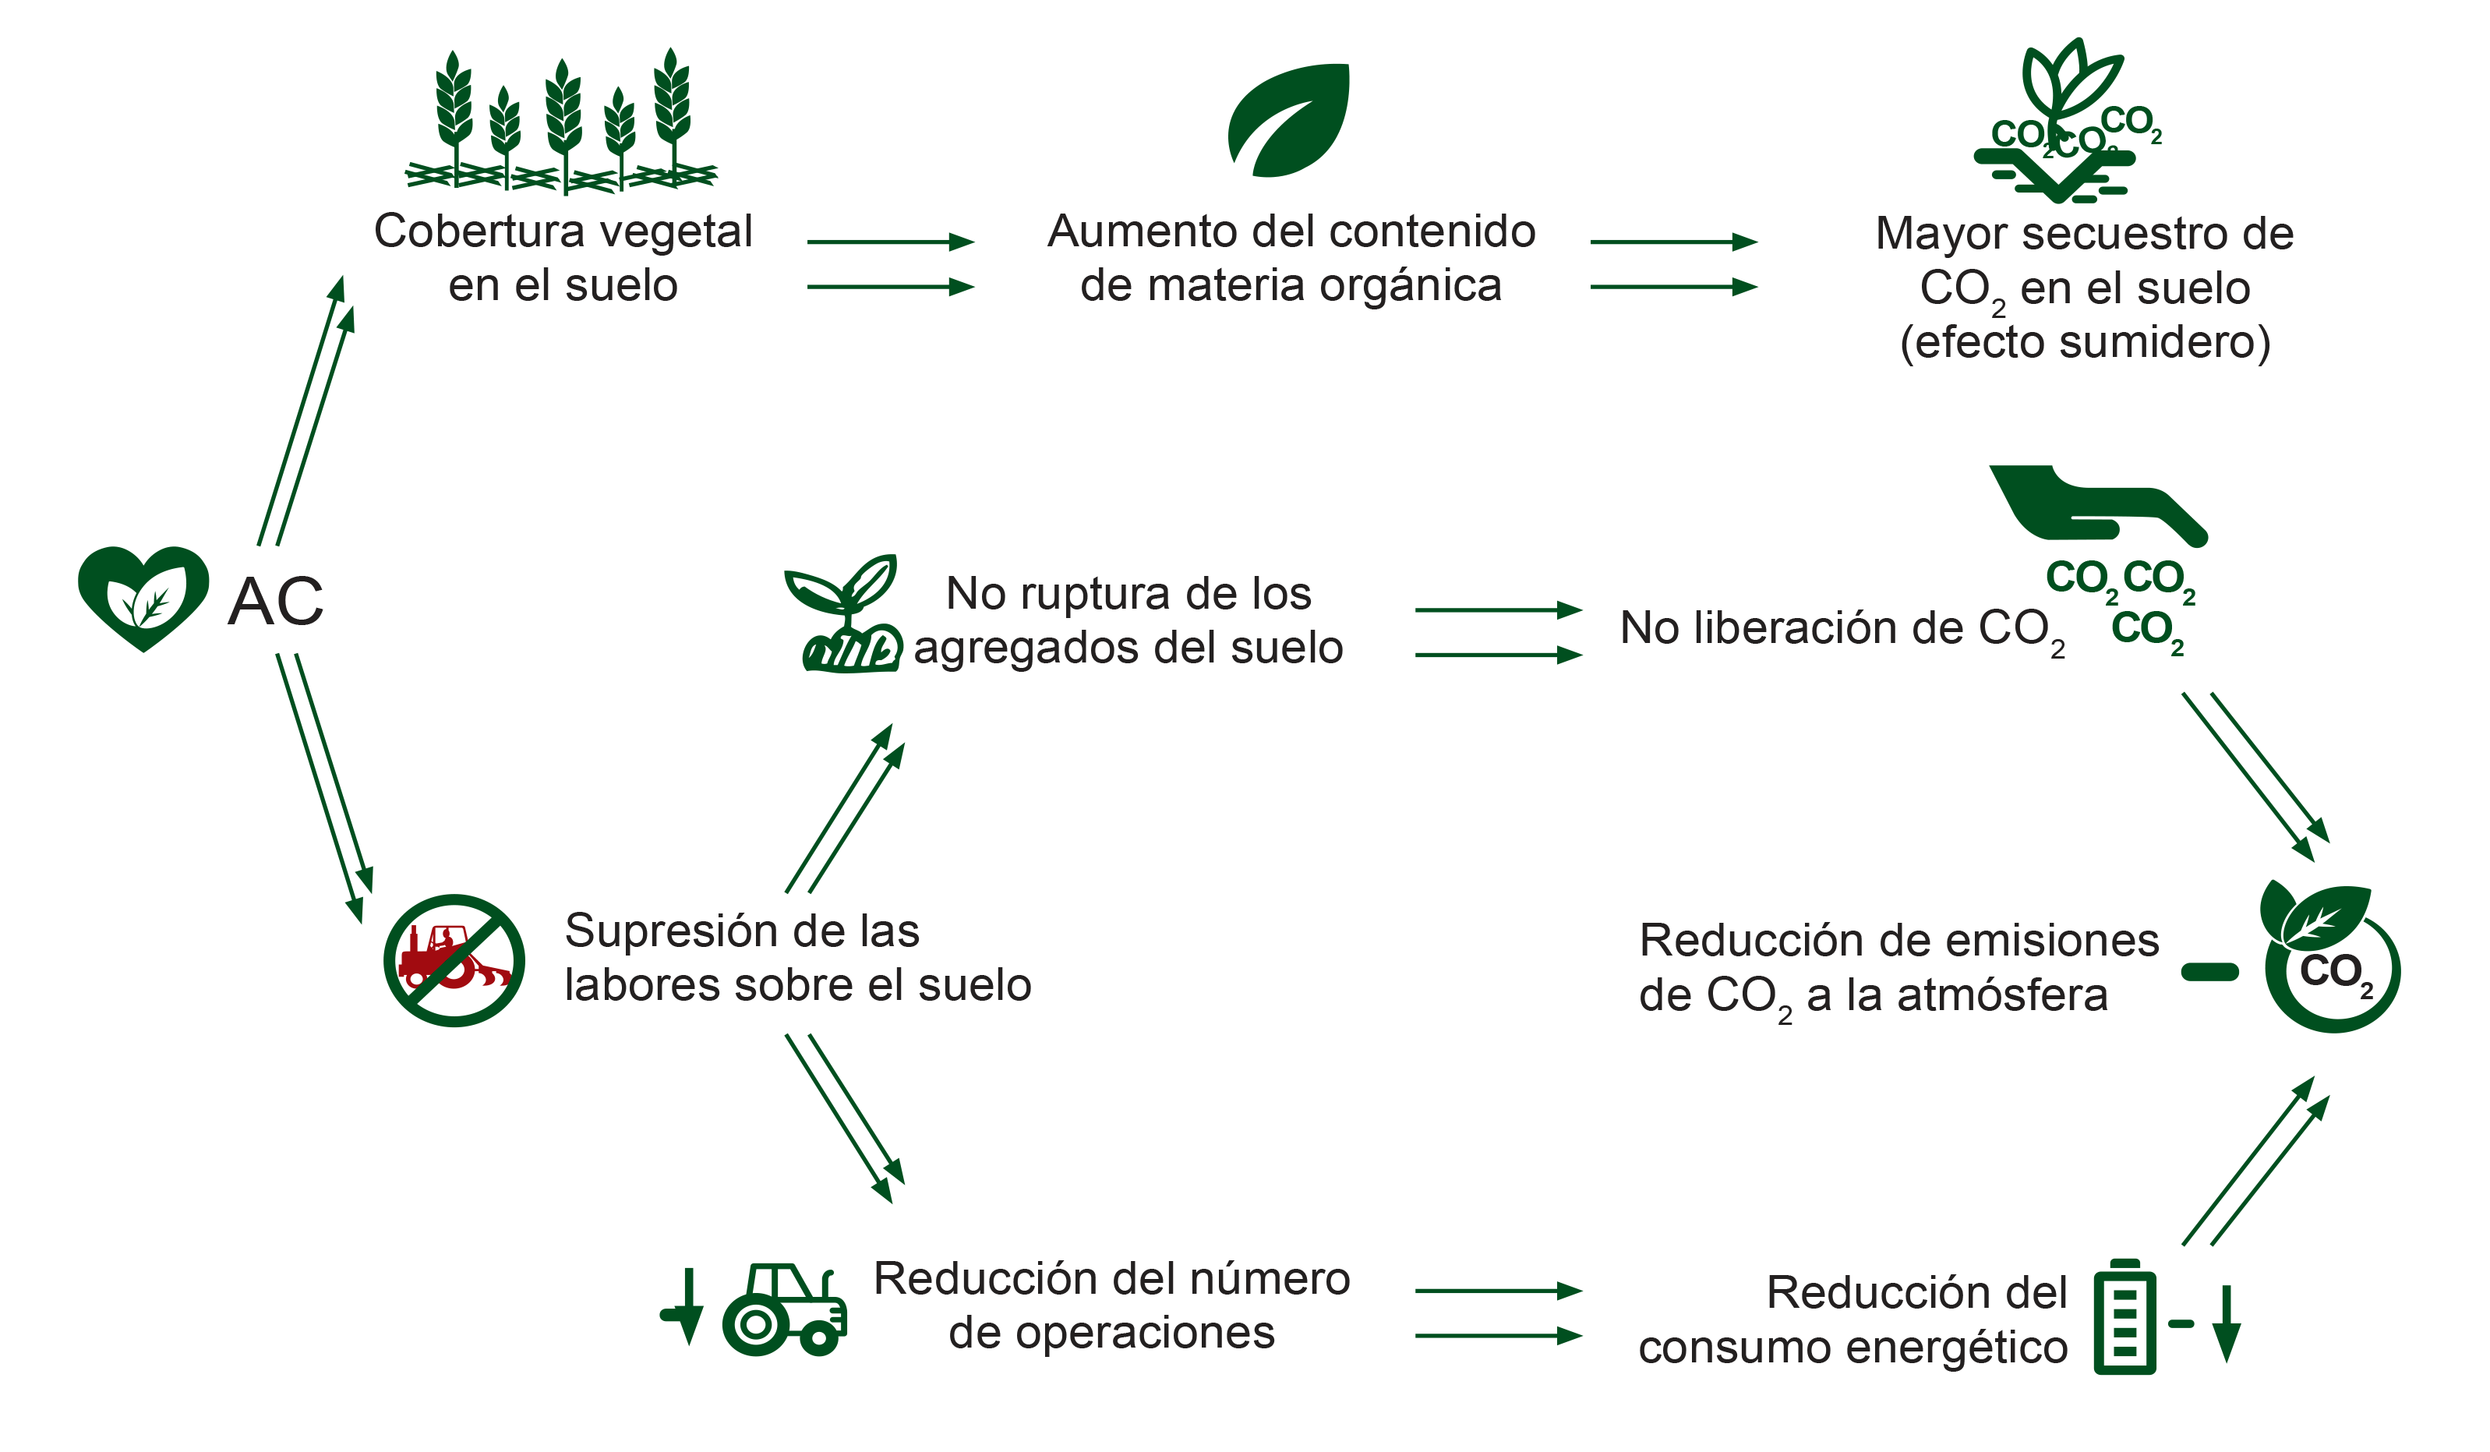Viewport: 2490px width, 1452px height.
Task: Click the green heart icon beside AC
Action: point(143,597)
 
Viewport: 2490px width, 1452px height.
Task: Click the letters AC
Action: point(276,601)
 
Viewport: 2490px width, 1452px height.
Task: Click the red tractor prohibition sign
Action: point(454,961)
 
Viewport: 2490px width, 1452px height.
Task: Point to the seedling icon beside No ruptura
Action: point(842,614)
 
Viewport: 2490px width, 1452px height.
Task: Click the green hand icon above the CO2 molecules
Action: point(2098,504)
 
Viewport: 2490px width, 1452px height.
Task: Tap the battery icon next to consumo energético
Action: point(2124,1316)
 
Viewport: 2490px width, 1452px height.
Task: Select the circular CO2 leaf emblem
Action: point(2331,957)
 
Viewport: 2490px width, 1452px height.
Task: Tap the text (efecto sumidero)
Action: point(2085,342)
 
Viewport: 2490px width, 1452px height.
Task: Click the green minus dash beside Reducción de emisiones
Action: point(2209,972)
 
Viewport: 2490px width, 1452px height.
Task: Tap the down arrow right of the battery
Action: point(2226,1323)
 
